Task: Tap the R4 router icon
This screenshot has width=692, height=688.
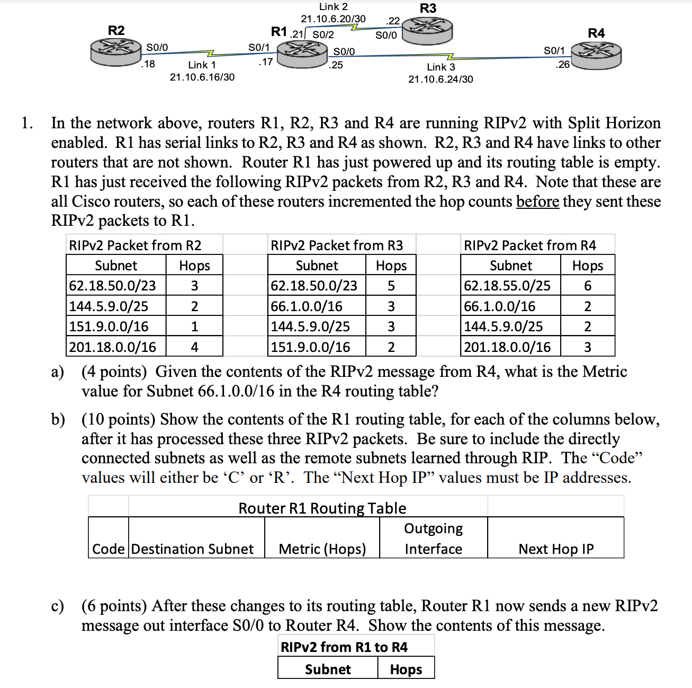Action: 596,55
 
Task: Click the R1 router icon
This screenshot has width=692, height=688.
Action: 302,54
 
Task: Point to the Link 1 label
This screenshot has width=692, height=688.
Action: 202,65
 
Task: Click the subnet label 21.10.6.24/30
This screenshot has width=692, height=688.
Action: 441,80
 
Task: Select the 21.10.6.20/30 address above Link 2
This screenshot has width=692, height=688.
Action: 333,19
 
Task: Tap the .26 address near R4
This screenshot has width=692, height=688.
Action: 562,65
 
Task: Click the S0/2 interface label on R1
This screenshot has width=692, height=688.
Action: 323,35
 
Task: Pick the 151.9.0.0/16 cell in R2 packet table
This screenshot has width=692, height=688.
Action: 109,327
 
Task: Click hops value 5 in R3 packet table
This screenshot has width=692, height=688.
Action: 391,286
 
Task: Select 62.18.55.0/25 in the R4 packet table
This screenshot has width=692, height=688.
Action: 507,286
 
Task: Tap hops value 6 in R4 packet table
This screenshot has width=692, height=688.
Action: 587,286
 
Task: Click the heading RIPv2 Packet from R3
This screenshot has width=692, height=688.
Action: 337,245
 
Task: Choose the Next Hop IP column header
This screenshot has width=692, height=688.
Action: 556,549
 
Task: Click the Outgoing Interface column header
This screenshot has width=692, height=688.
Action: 433,539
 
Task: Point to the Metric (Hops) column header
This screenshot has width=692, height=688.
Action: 322,549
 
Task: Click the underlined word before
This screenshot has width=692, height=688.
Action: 537,201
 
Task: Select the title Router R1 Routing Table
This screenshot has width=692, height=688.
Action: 322,508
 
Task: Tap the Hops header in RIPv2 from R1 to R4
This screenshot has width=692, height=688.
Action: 406,669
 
